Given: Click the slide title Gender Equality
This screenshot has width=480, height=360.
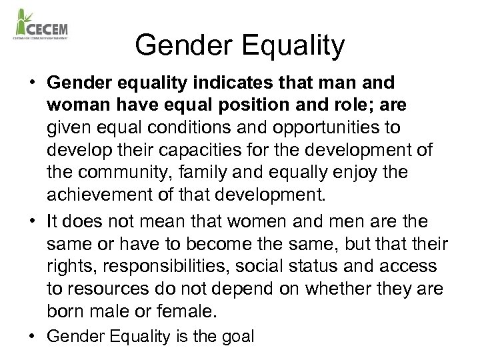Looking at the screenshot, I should coord(240,46).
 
